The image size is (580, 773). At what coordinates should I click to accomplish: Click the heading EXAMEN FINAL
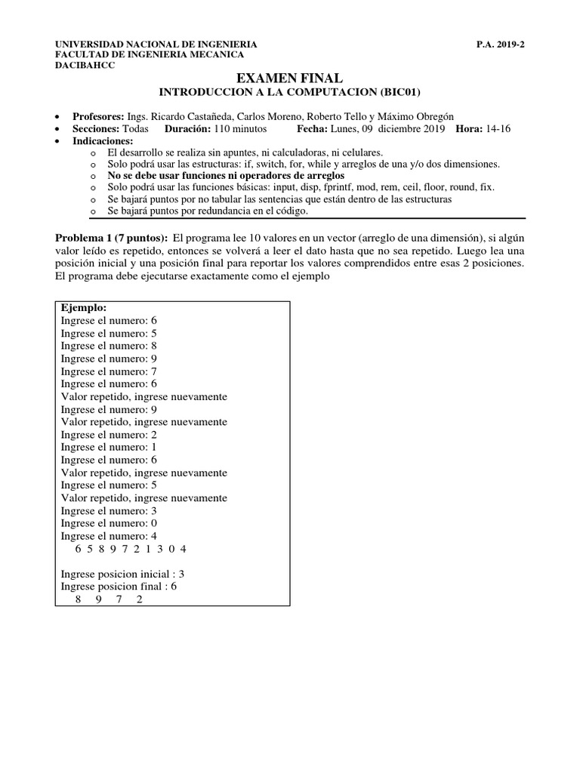(x=289, y=78)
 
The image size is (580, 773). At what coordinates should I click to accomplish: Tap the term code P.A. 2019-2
(x=500, y=45)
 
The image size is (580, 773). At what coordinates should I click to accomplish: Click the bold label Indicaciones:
(x=102, y=141)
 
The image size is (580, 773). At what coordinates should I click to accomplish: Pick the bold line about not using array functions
(x=226, y=175)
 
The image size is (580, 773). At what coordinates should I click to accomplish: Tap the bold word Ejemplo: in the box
(x=84, y=308)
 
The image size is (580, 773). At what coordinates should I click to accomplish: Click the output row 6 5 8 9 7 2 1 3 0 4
(x=131, y=549)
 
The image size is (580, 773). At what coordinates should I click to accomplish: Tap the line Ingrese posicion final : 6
(x=119, y=587)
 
